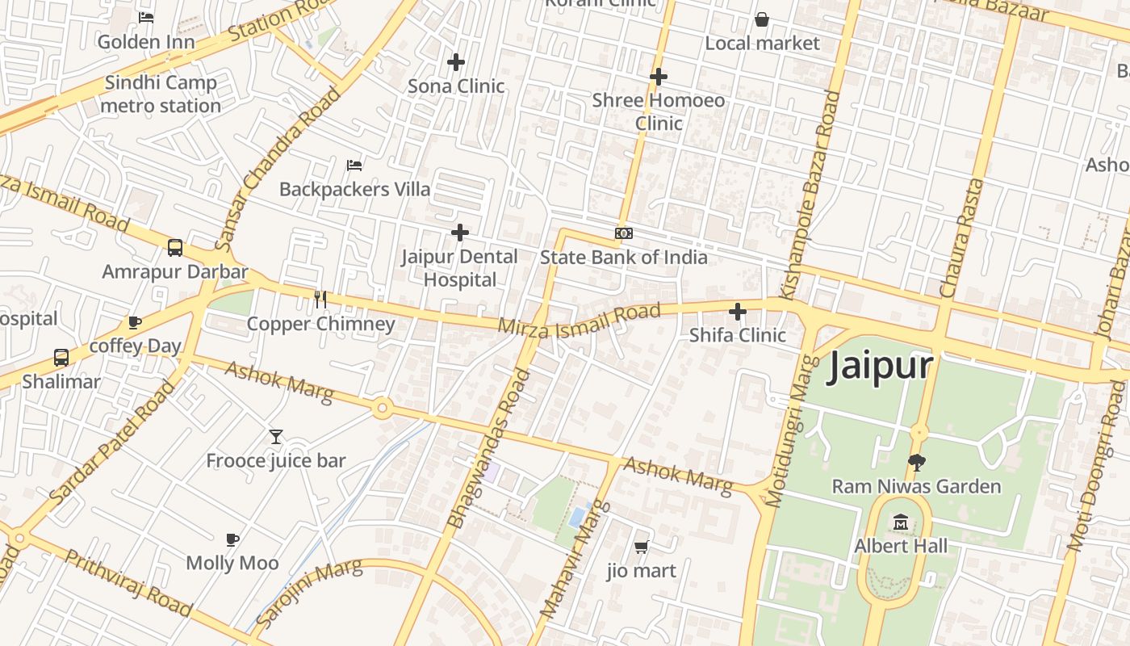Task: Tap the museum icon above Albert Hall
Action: coord(901,522)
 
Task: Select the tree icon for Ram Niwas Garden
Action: coord(916,463)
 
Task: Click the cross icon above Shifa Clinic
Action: coord(738,311)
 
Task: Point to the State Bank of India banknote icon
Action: coord(623,233)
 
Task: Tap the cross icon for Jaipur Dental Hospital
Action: coord(459,233)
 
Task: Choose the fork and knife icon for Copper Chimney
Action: coord(320,300)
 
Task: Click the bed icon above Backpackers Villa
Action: coord(354,165)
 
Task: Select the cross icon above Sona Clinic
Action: coord(456,61)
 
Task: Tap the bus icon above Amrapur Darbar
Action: coord(174,247)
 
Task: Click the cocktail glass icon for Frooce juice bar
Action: coord(276,437)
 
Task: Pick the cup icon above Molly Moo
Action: coord(232,539)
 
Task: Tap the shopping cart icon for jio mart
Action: coord(641,547)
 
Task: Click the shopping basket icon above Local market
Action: coord(761,19)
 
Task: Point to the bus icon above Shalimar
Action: coord(61,357)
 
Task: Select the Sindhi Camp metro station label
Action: coord(161,94)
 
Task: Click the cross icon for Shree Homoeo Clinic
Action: coord(658,77)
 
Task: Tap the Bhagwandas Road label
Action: coord(489,448)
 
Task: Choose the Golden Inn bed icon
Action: coord(146,17)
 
